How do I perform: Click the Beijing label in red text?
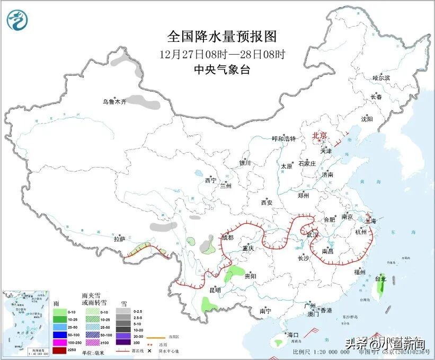click(321, 135)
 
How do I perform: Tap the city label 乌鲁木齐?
click(115, 102)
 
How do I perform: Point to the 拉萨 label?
click(119, 239)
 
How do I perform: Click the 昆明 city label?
click(215, 290)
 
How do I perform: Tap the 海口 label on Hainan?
click(292, 335)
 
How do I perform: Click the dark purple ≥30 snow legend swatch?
click(123, 350)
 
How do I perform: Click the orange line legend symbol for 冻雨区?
click(154, 336)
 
